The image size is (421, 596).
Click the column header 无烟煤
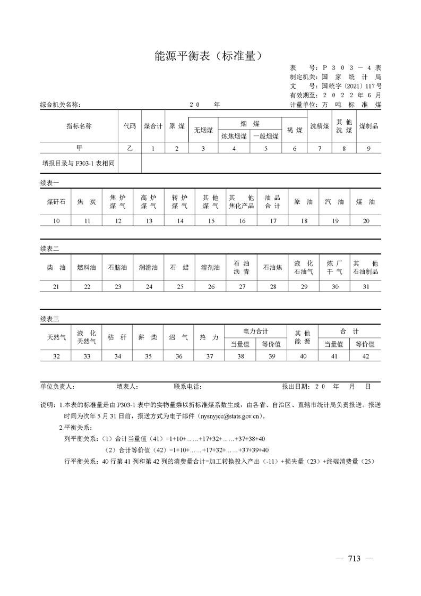[203, 130]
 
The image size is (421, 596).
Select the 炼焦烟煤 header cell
[234, 136]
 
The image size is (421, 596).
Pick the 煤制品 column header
[368, 126]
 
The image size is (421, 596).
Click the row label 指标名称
[79, 126]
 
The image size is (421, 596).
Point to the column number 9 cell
[368, 148]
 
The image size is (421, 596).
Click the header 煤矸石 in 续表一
[56, 202]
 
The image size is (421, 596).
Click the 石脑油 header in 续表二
[117, 268]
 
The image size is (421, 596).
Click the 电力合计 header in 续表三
[256, 331]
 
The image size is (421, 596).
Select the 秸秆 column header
[117, 337]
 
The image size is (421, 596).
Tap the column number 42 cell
[365, 356]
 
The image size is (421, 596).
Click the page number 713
[354, 558]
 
